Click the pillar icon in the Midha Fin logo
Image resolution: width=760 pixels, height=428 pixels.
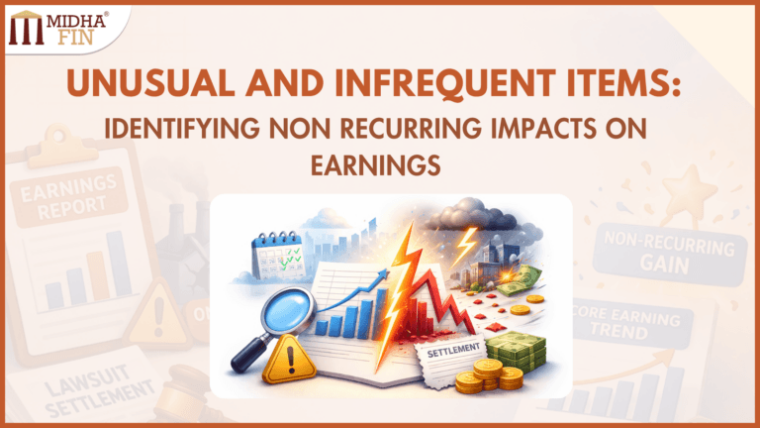(25, 30)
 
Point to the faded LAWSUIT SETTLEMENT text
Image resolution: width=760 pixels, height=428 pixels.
(74, 388)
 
